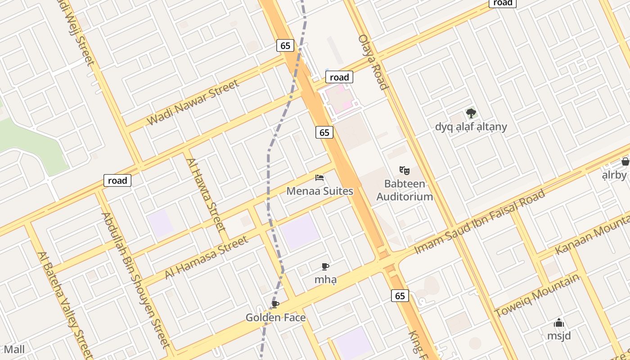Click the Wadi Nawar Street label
(x=193, y=103)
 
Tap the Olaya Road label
(x=373, y=62)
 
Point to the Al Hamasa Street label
(x=207, y=257)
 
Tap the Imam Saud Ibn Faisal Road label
(x=479, y=221)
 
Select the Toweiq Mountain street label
(x=537, y=295)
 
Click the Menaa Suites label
(x=320, y=191)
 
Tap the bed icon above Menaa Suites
(x=319, y=178)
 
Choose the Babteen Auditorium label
(x=405, y=190)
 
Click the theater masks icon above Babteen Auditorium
(x=405, y=170)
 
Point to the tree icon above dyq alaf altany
(x=471, y=113)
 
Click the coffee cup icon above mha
(x=325, y=266)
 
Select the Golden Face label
(x=275, y=318)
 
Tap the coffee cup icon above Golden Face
(x=275, y=305)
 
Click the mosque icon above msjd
(x=559, y=323)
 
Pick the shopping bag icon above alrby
(x=625, y=162)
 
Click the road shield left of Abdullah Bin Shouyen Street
(x=117, y=180)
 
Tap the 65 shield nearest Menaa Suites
(x=324, y=132)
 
